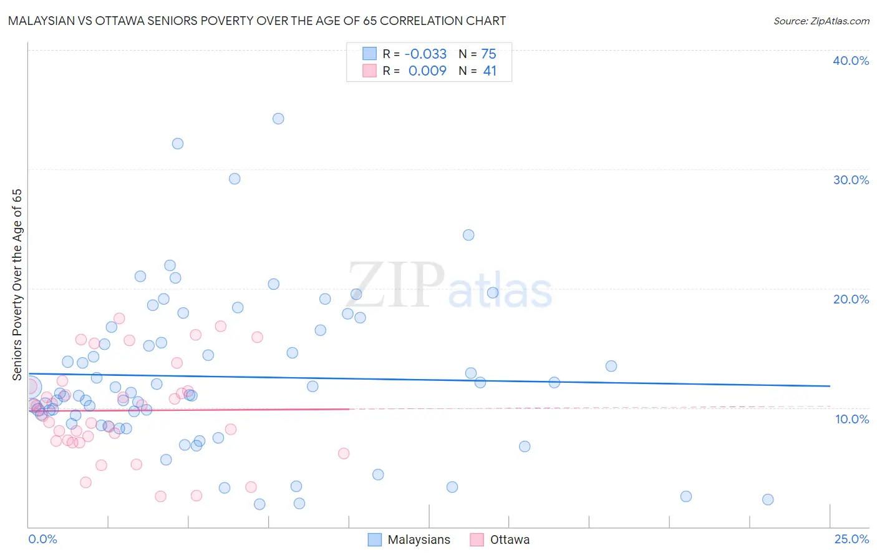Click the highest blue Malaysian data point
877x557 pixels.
tap(278, 119)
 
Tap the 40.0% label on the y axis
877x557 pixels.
tap(850, 61)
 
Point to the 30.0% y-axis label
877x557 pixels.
tap(850, 180)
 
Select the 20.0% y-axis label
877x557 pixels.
tap(850, 299)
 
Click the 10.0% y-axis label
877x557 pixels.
tap(851, 419)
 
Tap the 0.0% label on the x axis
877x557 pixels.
tap(42, 539)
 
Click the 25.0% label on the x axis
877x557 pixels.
tap(851, 539)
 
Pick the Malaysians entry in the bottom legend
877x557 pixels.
tap(419, 540)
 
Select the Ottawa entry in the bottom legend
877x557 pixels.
tap(510, 540)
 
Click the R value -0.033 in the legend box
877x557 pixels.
tap(426, 54)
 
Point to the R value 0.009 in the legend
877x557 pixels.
tap(427, 71)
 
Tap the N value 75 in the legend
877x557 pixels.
tap(488, 54)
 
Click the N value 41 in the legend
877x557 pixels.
tap(490, 71)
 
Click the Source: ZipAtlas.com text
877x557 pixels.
tap(821, 21)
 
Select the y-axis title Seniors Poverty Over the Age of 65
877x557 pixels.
tap(17, 284)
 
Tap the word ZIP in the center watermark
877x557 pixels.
tap(395, 285)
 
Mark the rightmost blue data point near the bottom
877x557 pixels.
tap(768, 500)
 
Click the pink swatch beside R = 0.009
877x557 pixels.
tap(370, 71)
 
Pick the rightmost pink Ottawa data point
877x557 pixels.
tap(344, 453)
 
